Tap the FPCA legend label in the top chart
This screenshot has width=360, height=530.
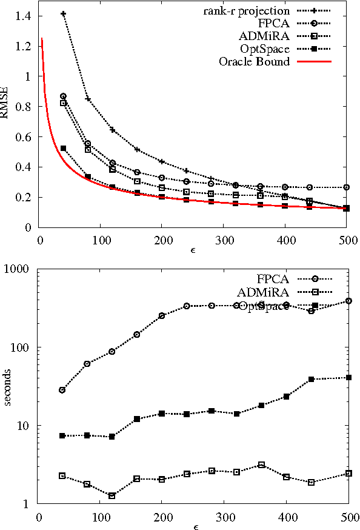[x=275, y=23]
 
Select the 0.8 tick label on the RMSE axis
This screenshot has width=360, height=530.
[x=25, y=107]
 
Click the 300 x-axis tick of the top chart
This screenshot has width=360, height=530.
[x=224, y=238]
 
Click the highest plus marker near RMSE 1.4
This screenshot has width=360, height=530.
[x=63, y=13]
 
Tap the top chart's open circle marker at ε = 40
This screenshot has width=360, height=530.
[x=63, y=96]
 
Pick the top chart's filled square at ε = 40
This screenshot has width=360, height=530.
[x=63, y=148]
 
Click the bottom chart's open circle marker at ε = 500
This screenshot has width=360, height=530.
[x=349, y=301]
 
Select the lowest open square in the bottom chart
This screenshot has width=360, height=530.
[x=112, y=495]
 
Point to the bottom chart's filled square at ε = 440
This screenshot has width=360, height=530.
[x=312, y=379]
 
